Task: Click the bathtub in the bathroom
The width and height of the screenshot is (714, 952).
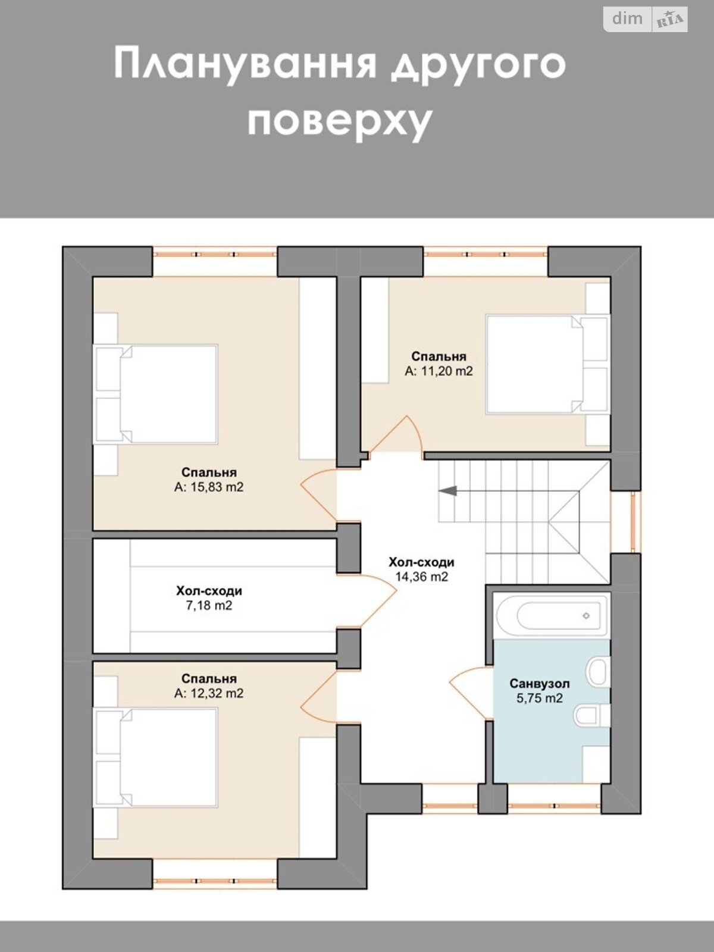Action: [x=552, y=615]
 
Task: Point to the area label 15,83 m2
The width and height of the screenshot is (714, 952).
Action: [x=209, y=487]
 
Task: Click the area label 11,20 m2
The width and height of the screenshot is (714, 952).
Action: [x=439, y=371]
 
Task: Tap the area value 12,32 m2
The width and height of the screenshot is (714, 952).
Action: [x=209, y=693]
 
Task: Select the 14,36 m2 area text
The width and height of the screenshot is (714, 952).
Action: [x=421, y=577]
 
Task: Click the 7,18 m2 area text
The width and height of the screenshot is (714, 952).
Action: [x=209, y=605]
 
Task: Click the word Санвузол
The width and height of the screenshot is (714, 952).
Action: [x=539, y=684]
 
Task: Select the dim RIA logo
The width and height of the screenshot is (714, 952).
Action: [x=645, y=20]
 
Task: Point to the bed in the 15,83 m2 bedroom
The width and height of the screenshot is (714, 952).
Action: [x=156, y=394]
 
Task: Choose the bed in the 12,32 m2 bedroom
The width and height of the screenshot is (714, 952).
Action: [x=156, y=757]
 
